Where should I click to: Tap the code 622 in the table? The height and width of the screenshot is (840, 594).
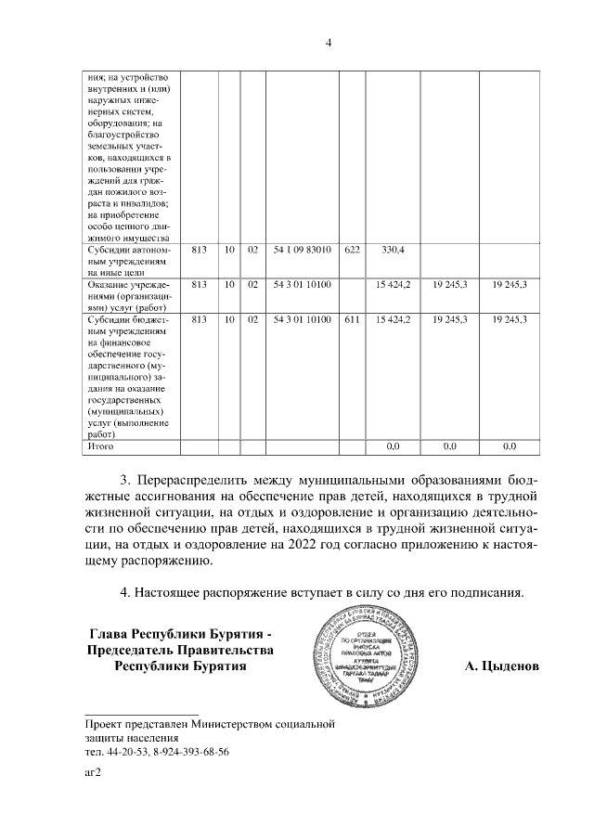(351, 250)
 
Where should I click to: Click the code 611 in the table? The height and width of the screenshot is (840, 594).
(351, 319)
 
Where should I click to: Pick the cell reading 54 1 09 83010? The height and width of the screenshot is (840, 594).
(303, 250)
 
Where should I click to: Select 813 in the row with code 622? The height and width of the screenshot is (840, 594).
(198, 250)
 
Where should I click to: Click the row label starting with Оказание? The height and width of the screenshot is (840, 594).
(125, 292)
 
